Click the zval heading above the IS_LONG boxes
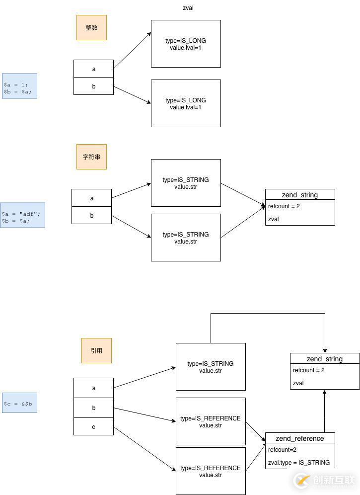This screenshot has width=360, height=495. pyautogui.click(x=188, y=8)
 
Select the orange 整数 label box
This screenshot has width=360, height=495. pyautogui.click(x=91, y=27)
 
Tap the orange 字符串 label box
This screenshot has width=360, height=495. pyautogui.click(x=91, y=157)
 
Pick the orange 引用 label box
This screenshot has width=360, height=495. pyautogui.click(x=96, y=350)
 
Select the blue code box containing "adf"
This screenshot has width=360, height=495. pyautogui.click(x=22, y=215)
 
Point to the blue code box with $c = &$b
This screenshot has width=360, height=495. pyautogui.click(x=19, y=403)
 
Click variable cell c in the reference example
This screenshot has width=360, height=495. pyautogui.click(x=93, y=426)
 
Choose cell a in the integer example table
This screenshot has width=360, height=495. pyautogui.click(x=93, y=69)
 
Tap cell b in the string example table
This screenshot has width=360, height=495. pyautogui.click(x=91, y=215)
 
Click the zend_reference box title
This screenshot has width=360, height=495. pyautogui.click(x=300, y=438)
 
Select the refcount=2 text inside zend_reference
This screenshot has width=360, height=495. pyautogui.click(x=282, y=450)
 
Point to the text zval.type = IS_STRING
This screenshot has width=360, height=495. pyautogui.click(x=298, y=462)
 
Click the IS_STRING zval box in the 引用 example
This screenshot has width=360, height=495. pyautogui.click(x=211, y=367)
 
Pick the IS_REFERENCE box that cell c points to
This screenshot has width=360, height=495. pyautogui.click(x=211, y=471)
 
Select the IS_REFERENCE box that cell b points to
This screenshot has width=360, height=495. pyautogui.click(x=211, y=421)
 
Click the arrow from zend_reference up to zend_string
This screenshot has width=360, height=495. pyautogui.click(x=325, y=412)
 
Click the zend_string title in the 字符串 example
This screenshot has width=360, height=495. pyautogui.click(x=300, y=195)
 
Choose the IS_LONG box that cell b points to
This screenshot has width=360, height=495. pyautogui.click(x=186, y=103)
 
